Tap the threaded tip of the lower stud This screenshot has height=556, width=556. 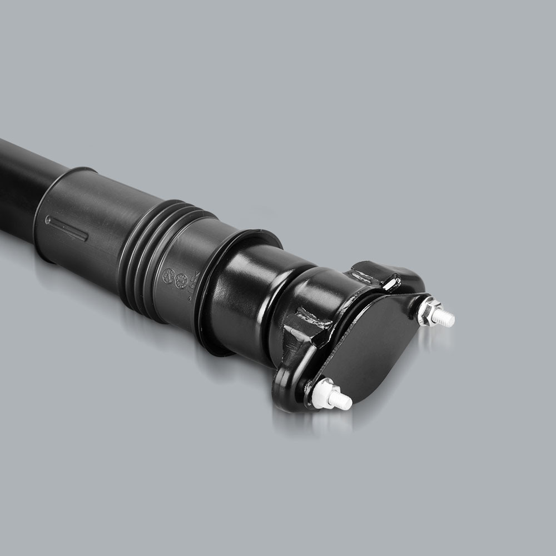coord(342,402)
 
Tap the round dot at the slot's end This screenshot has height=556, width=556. coord(48,221)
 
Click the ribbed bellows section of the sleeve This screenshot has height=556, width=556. coord(150,250)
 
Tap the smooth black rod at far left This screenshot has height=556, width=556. coord(22,178)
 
